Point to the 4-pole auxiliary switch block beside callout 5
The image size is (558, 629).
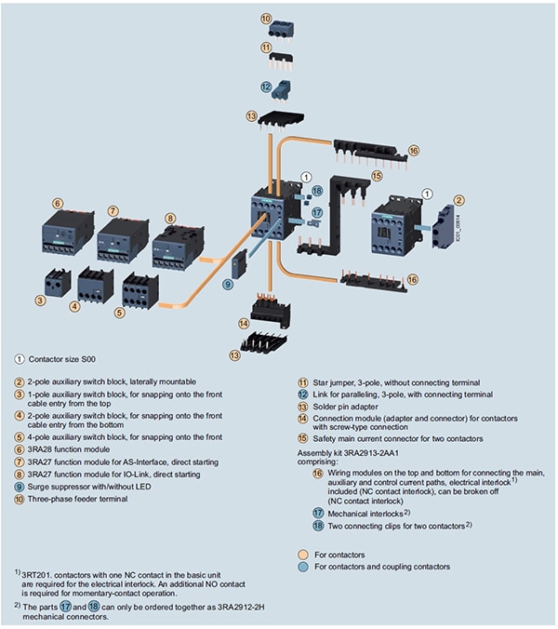pyautogui.click(x=139, y=289)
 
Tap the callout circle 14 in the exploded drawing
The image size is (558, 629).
pyautogui.click(x=243, y=323)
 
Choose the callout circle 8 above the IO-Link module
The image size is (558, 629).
pyautogui.click(x=170, y=218)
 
